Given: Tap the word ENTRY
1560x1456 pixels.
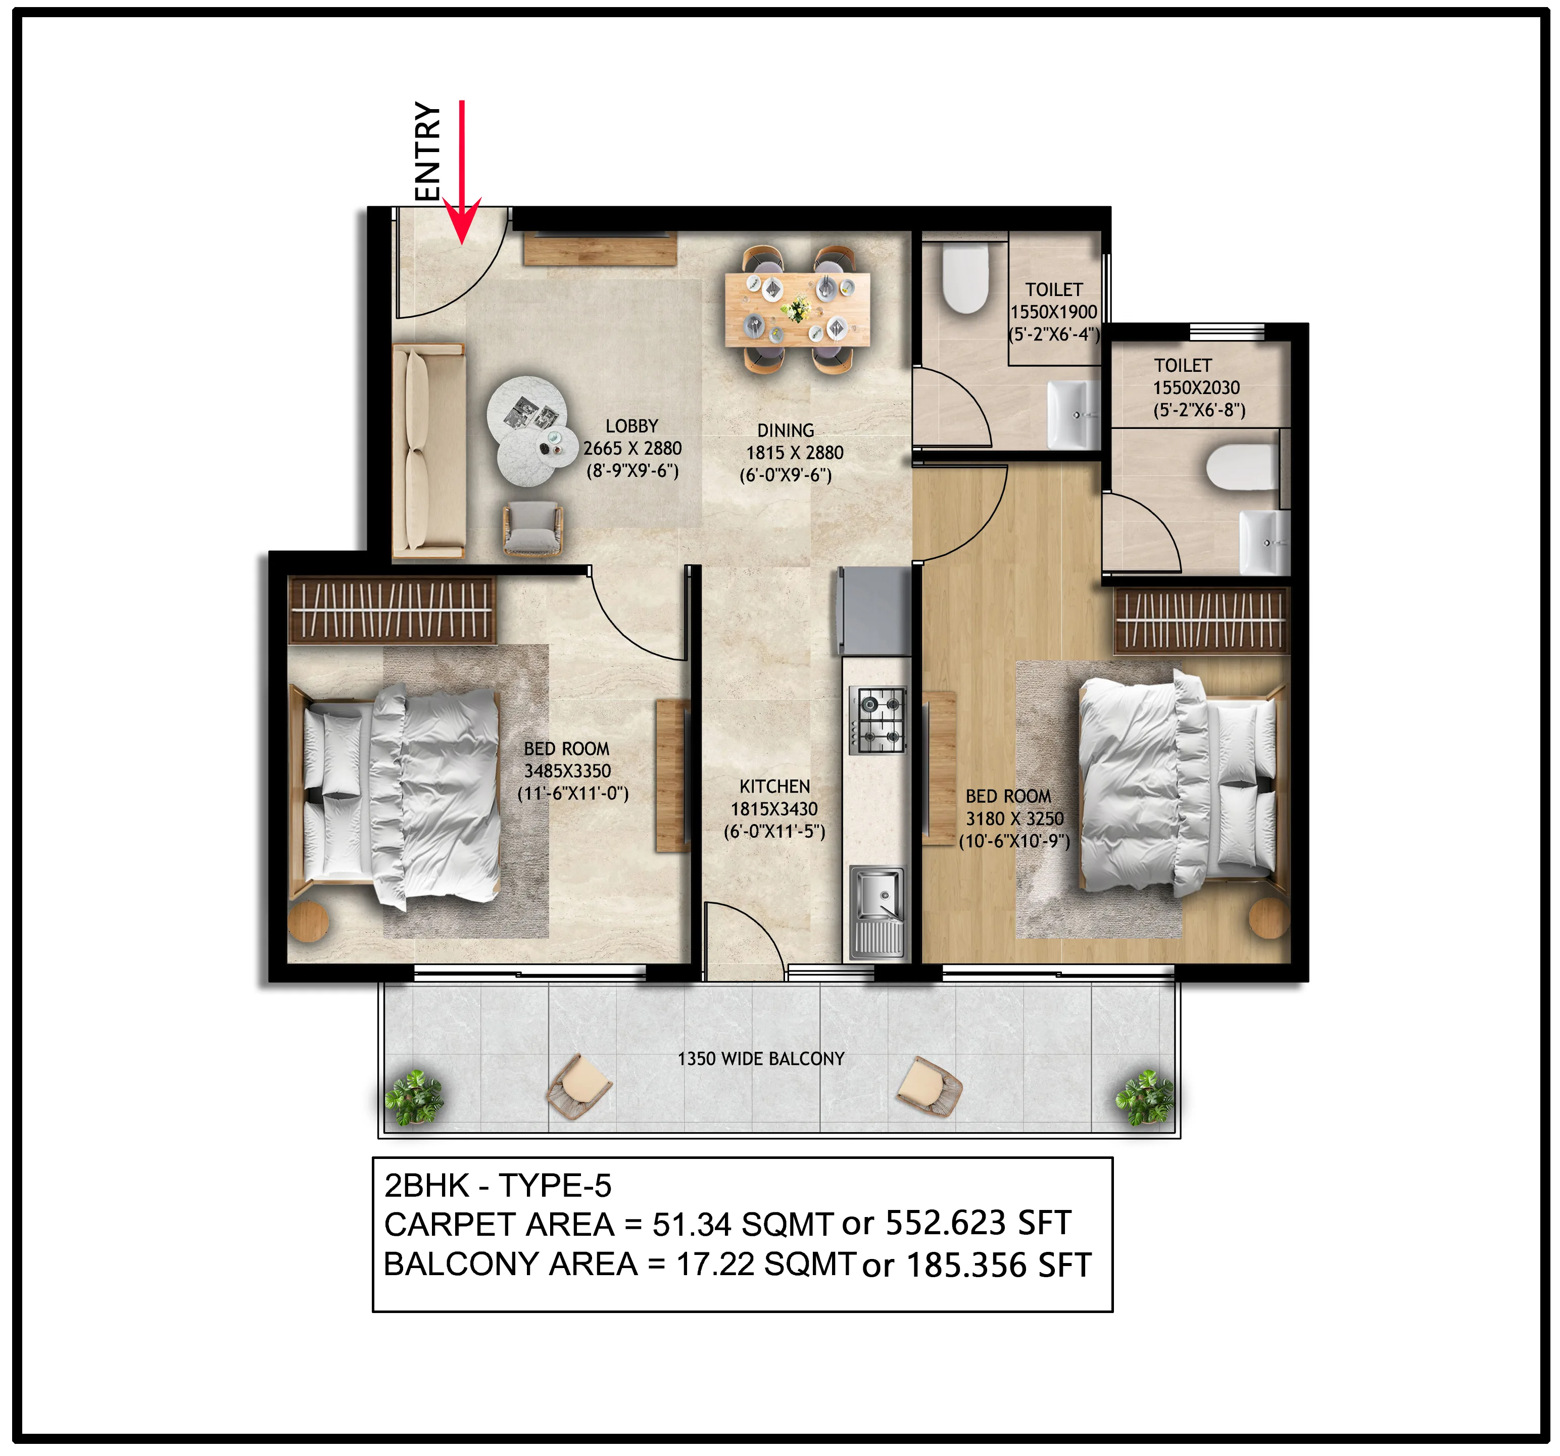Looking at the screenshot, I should (x=428, y=151).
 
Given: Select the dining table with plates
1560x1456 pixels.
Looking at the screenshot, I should (x=797, y=309).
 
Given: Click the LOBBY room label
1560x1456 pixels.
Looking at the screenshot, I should (x=631, y=426).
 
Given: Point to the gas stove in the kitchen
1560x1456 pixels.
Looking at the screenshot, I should (x=877, y=720).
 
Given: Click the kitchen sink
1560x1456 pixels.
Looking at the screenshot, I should (x=877, y=910).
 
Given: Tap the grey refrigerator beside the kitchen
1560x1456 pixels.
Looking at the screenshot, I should (x=872, y=611).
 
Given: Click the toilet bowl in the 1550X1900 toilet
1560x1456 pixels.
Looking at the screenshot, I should (x=963, y=279).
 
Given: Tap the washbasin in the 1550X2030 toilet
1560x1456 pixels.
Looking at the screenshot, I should (x=1263, y=542).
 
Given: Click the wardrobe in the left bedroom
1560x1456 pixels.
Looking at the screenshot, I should (x=391, y=610).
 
